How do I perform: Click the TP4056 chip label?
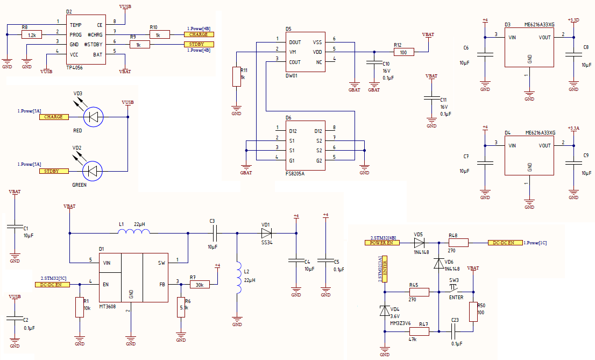74,68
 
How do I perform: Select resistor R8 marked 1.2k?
32,35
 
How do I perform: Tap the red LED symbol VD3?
94,117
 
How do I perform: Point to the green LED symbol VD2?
93,171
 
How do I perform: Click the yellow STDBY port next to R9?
196,45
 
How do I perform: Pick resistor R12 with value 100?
403,52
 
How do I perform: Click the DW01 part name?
292,75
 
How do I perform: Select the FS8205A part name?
295,174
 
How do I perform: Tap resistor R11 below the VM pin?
236,77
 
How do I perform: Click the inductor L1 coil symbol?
134,231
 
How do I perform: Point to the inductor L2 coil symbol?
239,277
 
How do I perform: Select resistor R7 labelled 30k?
200,285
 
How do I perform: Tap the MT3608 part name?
108,306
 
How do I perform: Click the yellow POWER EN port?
382,243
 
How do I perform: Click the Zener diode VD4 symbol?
385,310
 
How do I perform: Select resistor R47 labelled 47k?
419,331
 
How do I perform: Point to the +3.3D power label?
573,20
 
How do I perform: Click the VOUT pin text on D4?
544,145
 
